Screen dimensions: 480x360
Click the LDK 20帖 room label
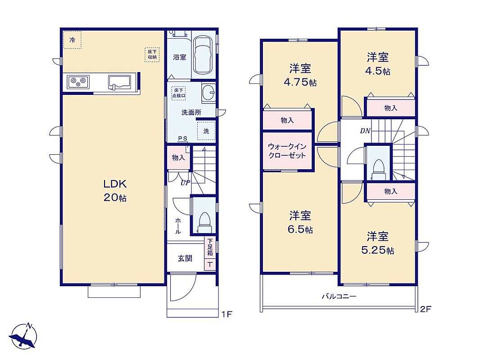[x=115, y=190]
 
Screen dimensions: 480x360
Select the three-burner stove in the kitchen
[x=78, y=82]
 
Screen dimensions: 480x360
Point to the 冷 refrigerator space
[x=72, y=40]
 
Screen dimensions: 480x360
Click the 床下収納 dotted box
[x=152, y=55]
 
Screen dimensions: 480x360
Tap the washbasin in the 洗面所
[x=209, y=92]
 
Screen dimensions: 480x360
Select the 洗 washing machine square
[x=206, y=131]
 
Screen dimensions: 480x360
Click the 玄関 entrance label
[x=185, y=258]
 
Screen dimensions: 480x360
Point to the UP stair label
[x=185, y=183]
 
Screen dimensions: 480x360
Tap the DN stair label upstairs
[x=365, y=131]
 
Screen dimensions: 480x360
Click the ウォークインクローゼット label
[x=287, y=151]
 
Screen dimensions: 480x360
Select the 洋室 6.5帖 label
[x=300, y=222]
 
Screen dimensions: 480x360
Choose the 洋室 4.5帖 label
[x=378, y=64]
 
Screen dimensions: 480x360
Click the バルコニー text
[x=339, y=297]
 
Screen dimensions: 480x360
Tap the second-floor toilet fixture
[x=379, y=170]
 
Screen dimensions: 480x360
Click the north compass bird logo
[x=23, y=336]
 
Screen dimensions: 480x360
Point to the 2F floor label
[x=426, y=309]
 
